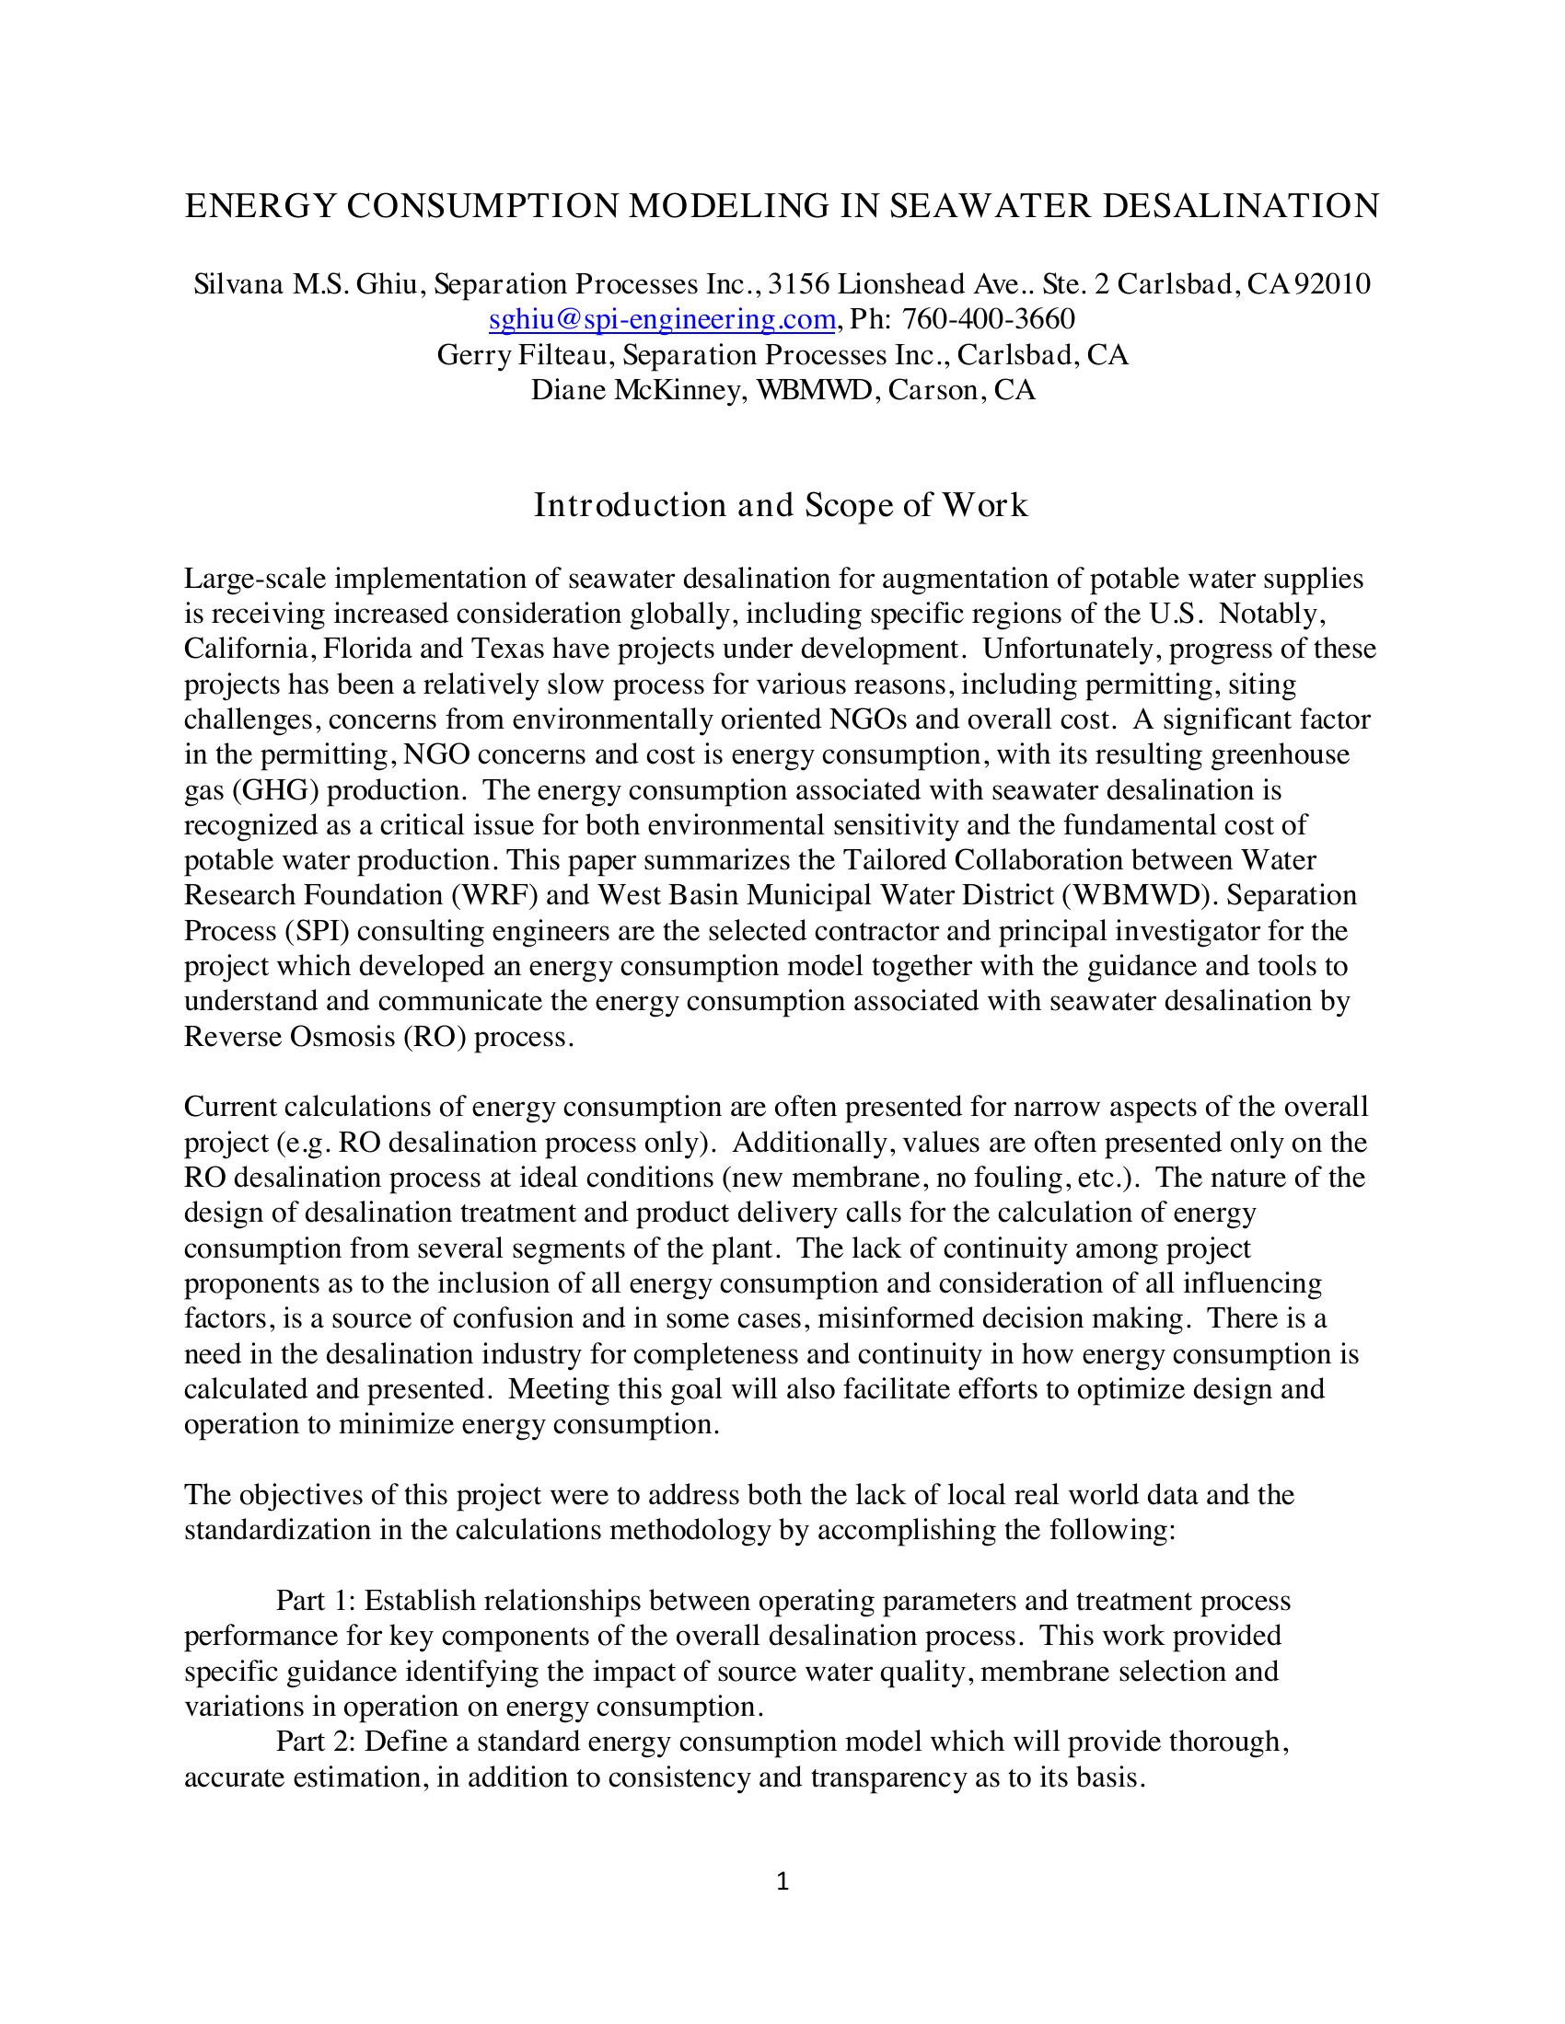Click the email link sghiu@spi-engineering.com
click(x=662, y=320)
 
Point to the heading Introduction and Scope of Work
click(x=781, y=506)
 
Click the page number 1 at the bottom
click(x=782, y=1880)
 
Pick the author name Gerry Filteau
click(x=520, y=355)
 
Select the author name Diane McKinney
click(x=636, y=390)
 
